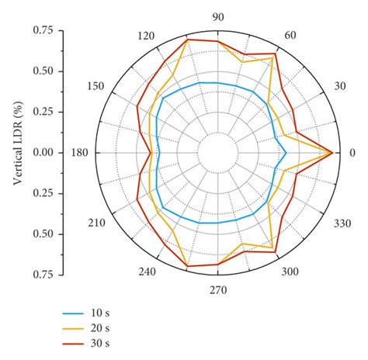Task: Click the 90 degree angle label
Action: (x=218, y=17)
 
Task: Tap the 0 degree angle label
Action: (x=352, y=152)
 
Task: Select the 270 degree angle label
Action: (x=217, y=290)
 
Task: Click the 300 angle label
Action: (x=289, y=272)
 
